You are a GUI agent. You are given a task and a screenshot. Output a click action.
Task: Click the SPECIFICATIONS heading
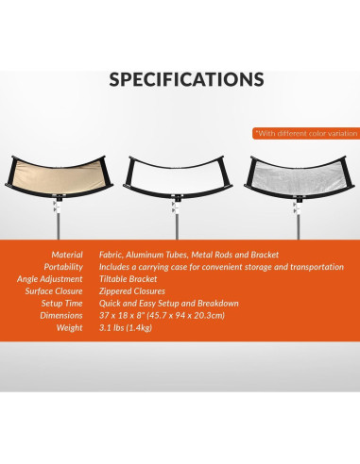click(x=180, y=78)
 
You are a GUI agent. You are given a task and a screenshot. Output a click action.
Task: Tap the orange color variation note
click(x=306, y=133)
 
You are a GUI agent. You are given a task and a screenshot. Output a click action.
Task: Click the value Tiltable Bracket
click(x=133, y=280)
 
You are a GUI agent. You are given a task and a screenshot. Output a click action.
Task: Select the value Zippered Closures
click(x=136, y=292)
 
